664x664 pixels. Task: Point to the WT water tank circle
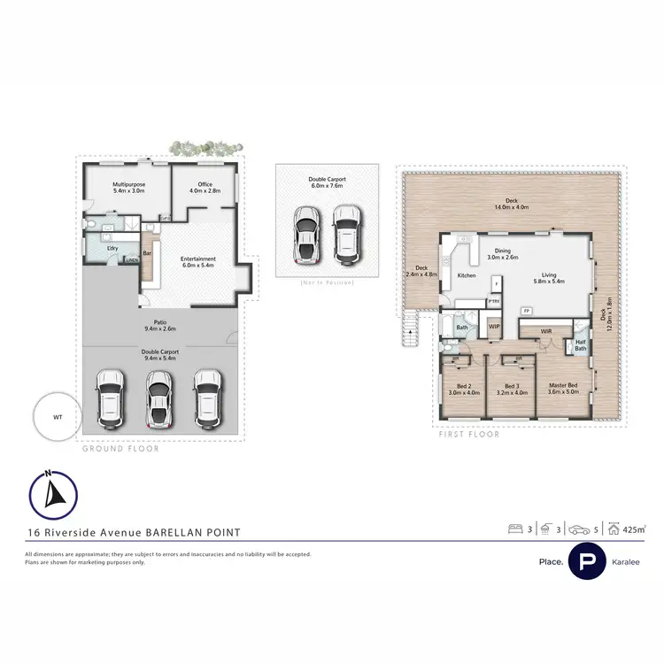pos(58,415)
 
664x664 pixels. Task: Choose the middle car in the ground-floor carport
pos(158,398)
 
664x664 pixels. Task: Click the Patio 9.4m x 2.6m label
pos(160,326)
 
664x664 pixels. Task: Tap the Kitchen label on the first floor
pos(467,276)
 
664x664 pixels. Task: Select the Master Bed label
pos(564,388)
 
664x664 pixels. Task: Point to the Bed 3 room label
pos(513,389)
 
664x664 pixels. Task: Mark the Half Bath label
pos(580,346)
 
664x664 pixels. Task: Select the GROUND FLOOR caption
pos(120,450)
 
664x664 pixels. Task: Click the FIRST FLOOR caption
pos(469,435)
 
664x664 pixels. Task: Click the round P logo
pos(586,561)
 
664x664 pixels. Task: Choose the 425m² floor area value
pos(633,530)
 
